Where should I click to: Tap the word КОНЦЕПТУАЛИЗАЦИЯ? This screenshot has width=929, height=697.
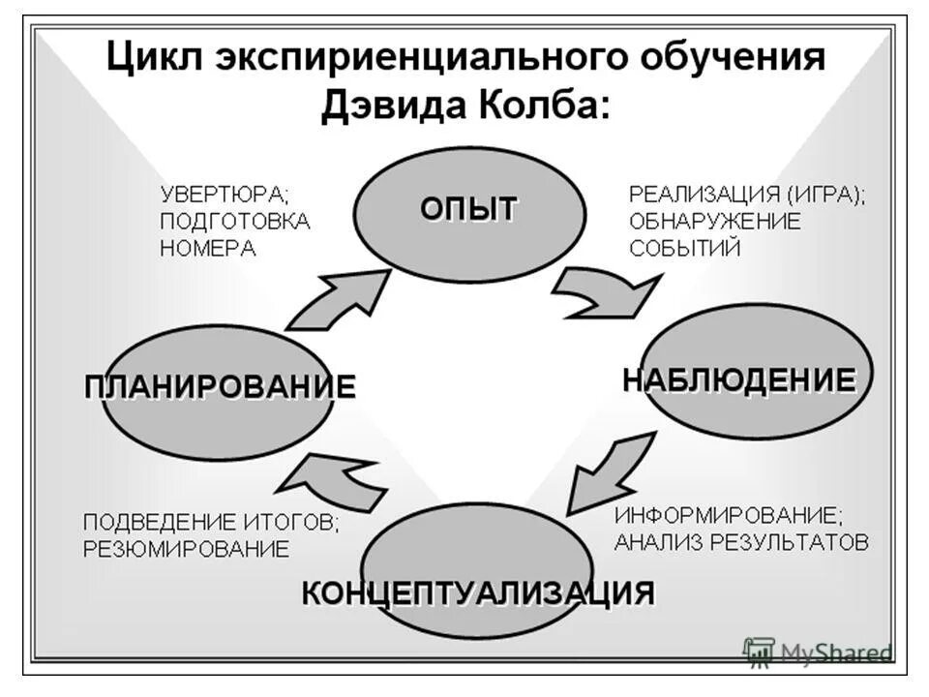coord(478,591)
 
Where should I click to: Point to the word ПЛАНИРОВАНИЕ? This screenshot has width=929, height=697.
coord(220,386)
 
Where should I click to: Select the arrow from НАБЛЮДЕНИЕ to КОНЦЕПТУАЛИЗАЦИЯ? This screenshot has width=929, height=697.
coord(608,473)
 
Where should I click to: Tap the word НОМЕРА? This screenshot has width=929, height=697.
coord(207,248)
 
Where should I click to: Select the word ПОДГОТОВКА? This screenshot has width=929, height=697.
coord(235,221)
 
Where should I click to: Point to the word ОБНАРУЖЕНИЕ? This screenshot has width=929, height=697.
coord(715,221)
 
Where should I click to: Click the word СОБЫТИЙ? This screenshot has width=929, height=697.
coord(685,248)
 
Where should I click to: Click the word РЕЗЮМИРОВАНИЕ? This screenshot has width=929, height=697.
coord(186,549)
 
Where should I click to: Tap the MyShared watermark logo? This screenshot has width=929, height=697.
coord(818,652)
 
